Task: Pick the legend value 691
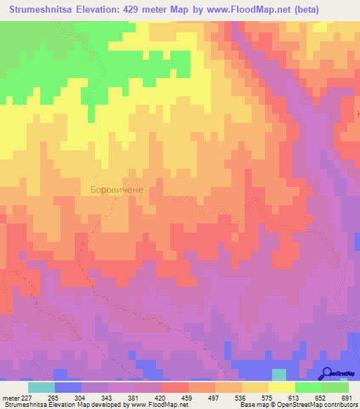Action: [x=346, y=397]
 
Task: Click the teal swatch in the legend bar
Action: [x=41, y=387]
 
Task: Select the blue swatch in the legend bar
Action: [x=68, y=387]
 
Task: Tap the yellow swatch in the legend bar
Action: [x=282, y=387]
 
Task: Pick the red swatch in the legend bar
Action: [x=175, y=387]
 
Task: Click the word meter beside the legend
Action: [x=12, y=397]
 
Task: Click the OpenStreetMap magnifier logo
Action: [x=326, y=373]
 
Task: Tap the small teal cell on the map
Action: [x=279, y=375]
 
